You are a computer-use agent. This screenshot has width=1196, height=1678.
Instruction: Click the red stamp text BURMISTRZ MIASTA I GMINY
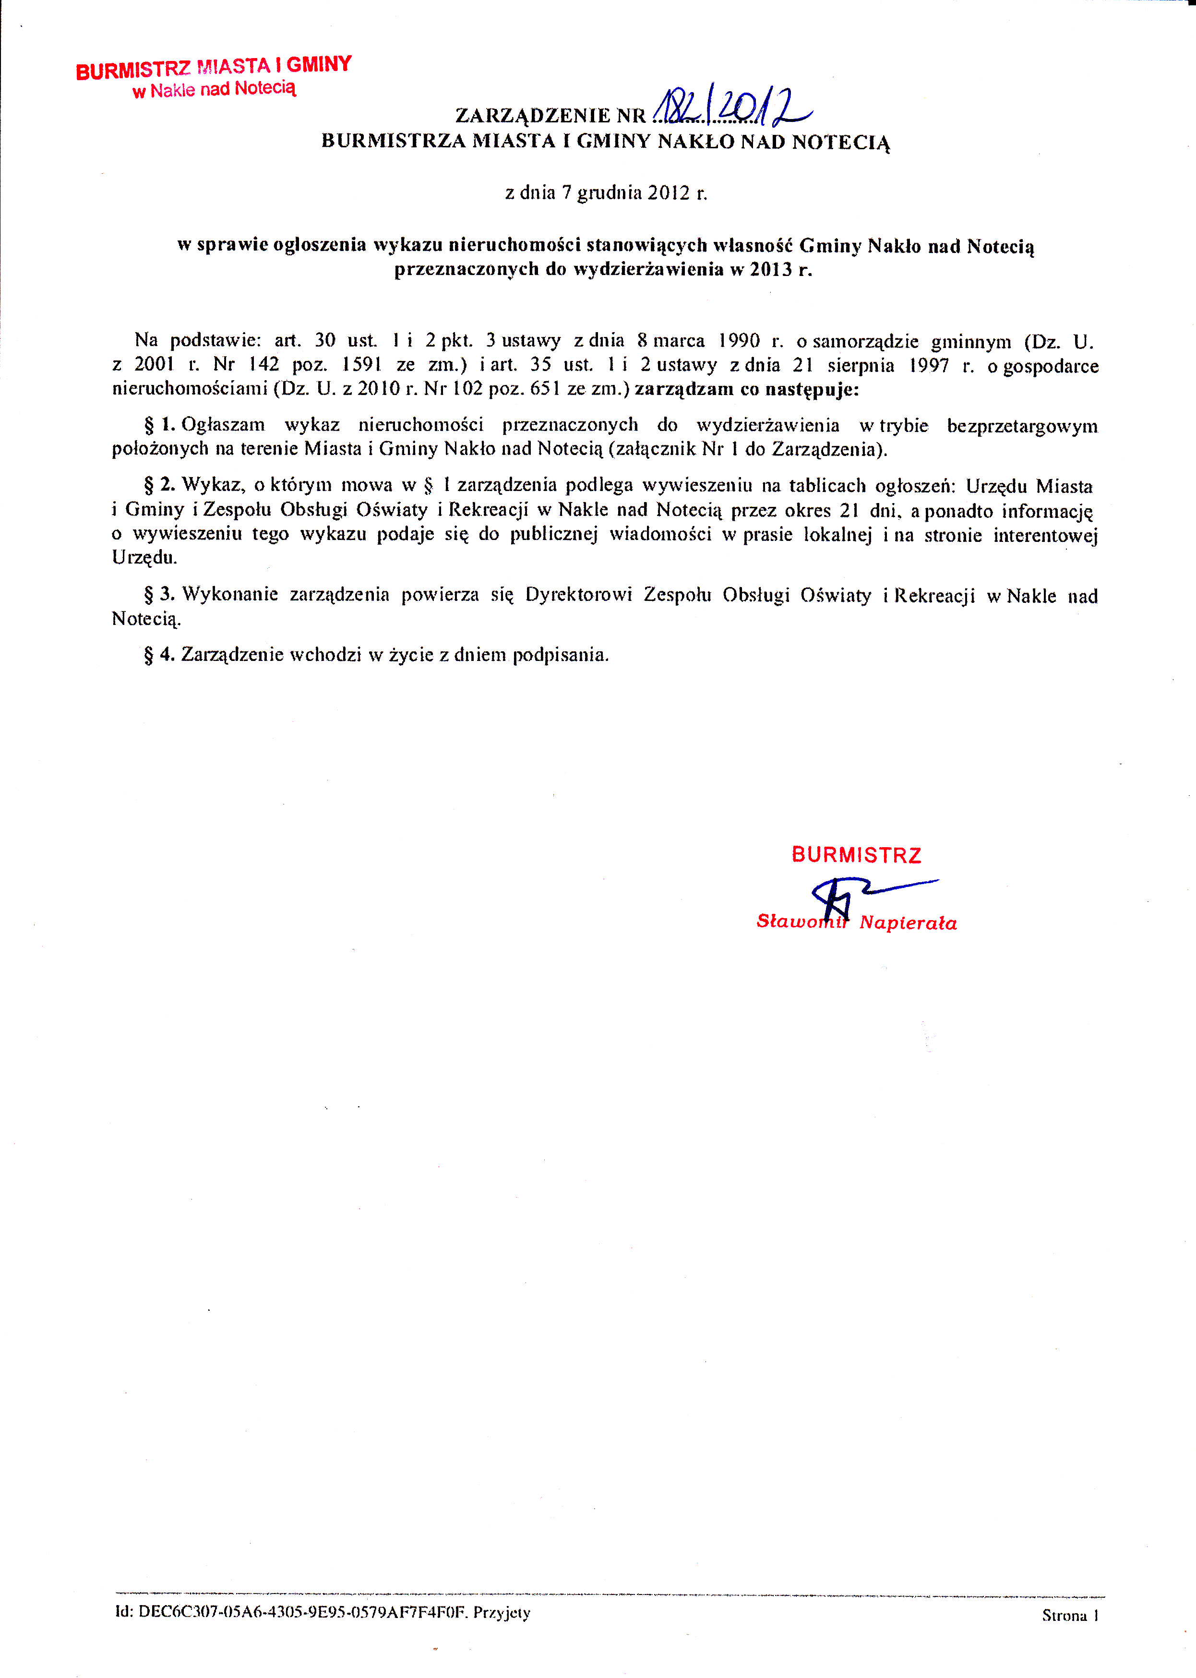point(214,67)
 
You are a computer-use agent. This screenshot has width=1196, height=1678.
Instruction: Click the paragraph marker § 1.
point(159,425)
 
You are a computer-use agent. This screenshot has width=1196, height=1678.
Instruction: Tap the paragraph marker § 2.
point(159,485)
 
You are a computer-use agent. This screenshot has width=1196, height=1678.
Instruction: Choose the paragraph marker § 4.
point(159,654)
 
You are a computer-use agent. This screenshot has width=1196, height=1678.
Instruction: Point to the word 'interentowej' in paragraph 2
point(1045,536)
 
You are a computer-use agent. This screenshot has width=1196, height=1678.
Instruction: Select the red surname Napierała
point(908,923)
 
